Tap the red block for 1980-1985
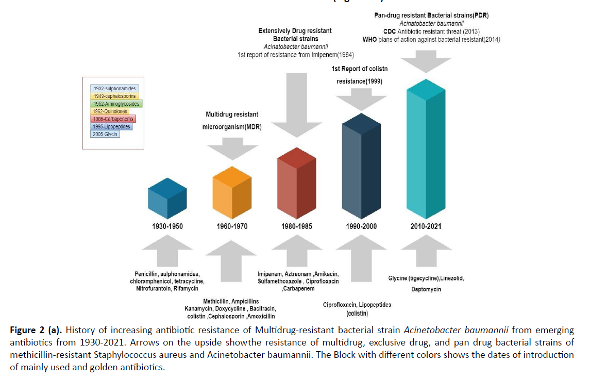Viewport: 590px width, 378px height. pyautogui.click(x=296, y=183)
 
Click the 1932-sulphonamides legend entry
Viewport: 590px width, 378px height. pyautogui.click(x=112, y=88)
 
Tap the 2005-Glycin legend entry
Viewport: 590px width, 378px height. pyautogui.click(x=105, y=135)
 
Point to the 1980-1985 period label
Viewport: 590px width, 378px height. pyautogui.click(x=296, y=226)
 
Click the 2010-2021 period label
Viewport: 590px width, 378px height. pyautogui.click(x=426, y=226)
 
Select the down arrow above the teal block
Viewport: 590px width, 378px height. pyautogui.click(x=426, y=63)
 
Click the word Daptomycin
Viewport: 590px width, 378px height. pyautogui.click(x=426, y=289)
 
